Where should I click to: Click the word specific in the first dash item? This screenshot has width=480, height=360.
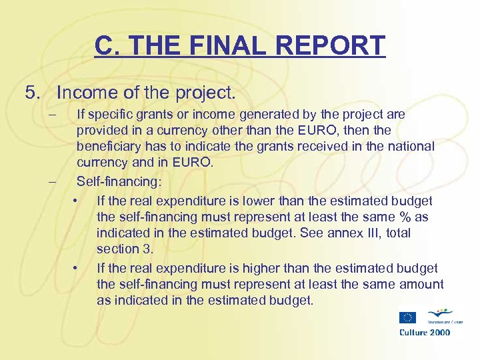(111, 114)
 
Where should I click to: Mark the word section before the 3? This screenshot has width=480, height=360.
(115, 249)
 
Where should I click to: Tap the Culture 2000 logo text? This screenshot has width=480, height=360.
(425, 332)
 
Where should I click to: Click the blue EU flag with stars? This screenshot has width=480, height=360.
(408, 318)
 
